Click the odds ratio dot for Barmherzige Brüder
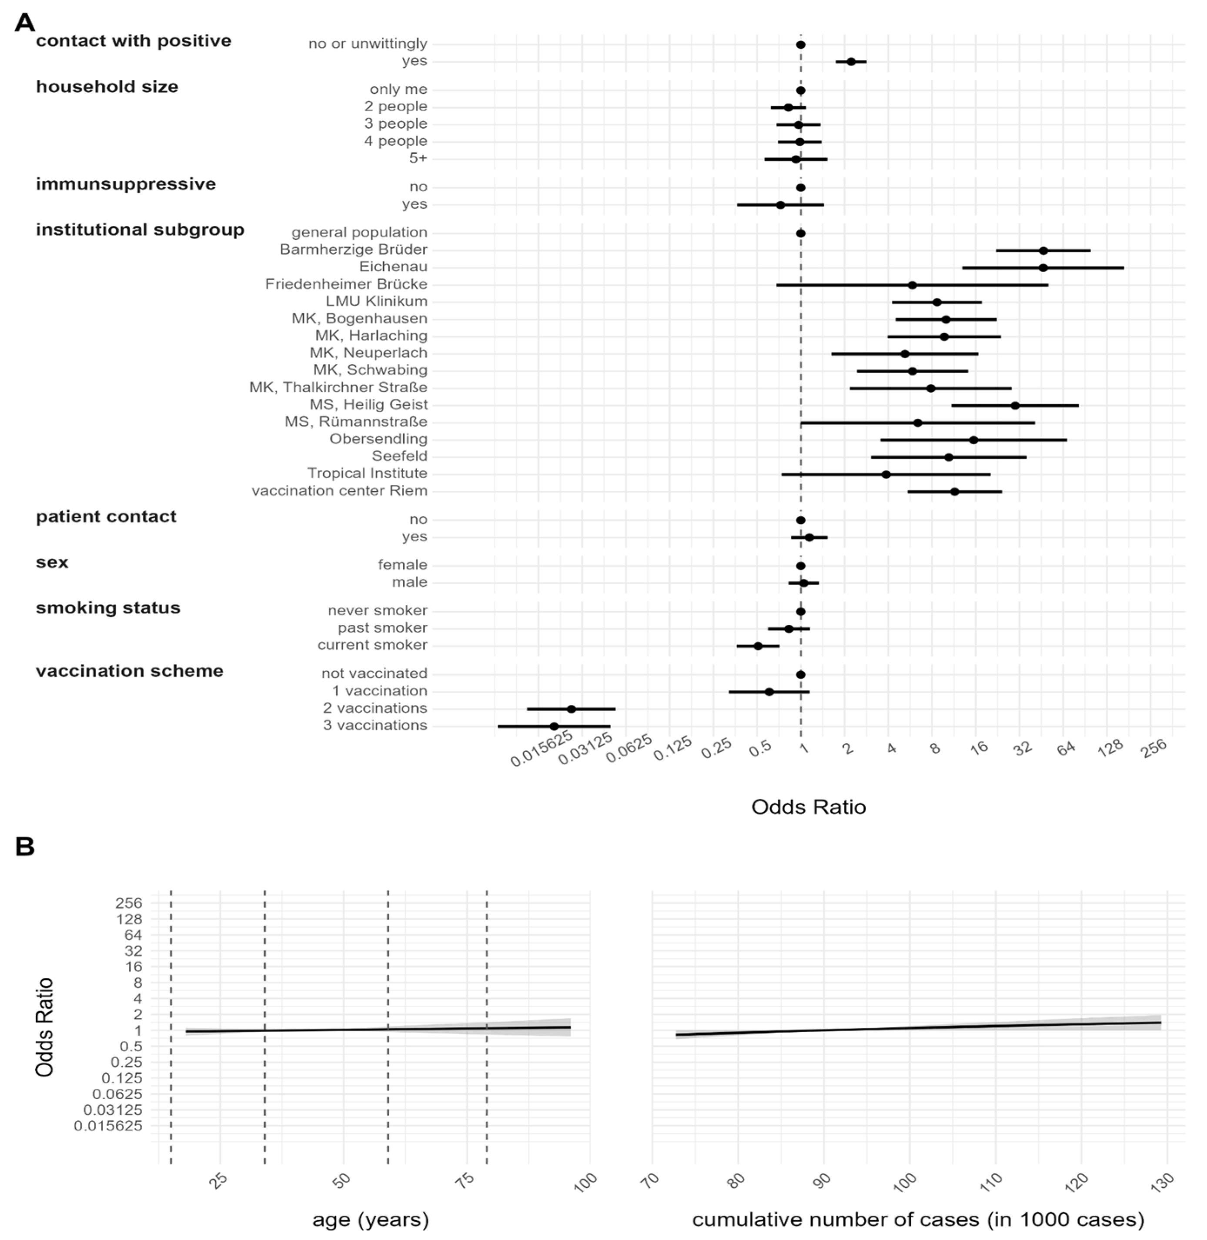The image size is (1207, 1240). tap(1043, 250)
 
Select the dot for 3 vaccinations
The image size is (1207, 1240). tap(554, 726)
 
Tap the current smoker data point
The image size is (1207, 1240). tap(758, 646)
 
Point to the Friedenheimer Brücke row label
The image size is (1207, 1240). tap(346, 284)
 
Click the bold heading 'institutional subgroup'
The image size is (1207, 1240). tap(140, 230)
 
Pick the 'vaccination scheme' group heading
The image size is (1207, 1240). tap(130, 671)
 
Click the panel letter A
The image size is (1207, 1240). tap(25, 23)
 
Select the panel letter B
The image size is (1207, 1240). tap(25, 847)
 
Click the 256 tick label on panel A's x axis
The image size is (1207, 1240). tap(1154, 748)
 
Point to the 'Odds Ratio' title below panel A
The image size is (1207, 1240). tap(808, 807)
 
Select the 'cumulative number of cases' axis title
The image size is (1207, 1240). tap(918, 1219)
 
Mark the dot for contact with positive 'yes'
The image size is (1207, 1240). tap(851, 61)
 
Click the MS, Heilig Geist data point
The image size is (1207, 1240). tap(1015, 405)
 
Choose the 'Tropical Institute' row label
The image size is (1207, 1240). tap(367, 473)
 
